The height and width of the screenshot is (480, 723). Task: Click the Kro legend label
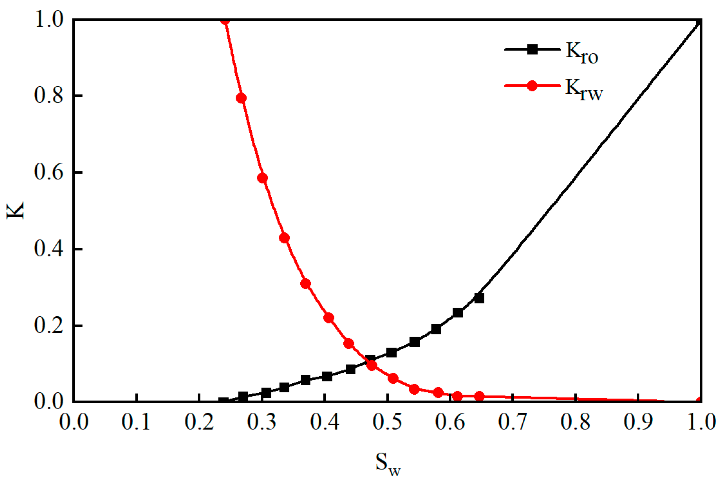(582, 53)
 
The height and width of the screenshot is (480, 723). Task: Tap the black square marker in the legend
(532, 49)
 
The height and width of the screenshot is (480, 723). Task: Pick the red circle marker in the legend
(532, 86)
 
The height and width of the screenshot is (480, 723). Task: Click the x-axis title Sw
(388, 464)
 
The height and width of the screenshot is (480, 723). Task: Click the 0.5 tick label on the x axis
(387, 421)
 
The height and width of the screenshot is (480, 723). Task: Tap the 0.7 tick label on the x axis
(513, 421)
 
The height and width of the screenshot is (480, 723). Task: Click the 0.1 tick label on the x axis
(136, 421)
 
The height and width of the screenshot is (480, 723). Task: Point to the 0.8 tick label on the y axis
(49, 96)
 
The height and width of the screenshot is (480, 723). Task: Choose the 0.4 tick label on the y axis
(49, 249)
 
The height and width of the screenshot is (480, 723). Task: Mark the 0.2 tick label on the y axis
(49, 325)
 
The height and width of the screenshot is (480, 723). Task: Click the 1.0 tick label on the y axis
(49, 19)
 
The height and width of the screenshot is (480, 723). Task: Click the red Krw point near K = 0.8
(241, 98)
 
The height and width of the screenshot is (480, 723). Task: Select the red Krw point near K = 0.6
(262, 178)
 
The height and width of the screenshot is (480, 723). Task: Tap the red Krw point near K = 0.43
(284, 238)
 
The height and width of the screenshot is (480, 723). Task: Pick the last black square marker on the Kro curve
(479, 298)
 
